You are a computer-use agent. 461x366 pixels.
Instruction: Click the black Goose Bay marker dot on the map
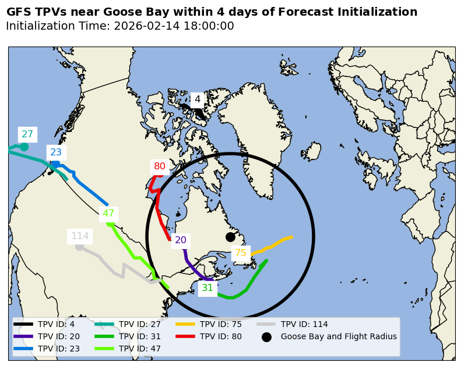point(230,237)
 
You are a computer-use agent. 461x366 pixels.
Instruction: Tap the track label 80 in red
point(160,166)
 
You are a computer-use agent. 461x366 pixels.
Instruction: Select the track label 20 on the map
point(181,240)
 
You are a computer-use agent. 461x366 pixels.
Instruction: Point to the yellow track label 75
point(240,253)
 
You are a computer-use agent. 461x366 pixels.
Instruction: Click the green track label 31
point(207,288)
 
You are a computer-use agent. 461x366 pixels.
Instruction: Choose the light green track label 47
point(108,214)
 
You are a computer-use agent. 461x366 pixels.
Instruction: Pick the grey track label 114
point(80,236)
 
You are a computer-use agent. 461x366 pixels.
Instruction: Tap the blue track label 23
point(56,152)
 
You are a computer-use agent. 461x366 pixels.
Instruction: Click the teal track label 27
point(27,134)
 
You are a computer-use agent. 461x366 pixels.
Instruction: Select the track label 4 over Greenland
point(198,100)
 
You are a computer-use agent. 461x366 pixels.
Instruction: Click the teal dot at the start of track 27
point(24,147)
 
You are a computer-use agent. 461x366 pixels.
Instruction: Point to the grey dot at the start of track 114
point(79,247)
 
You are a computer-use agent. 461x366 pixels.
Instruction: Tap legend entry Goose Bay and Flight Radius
point(339,336)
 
